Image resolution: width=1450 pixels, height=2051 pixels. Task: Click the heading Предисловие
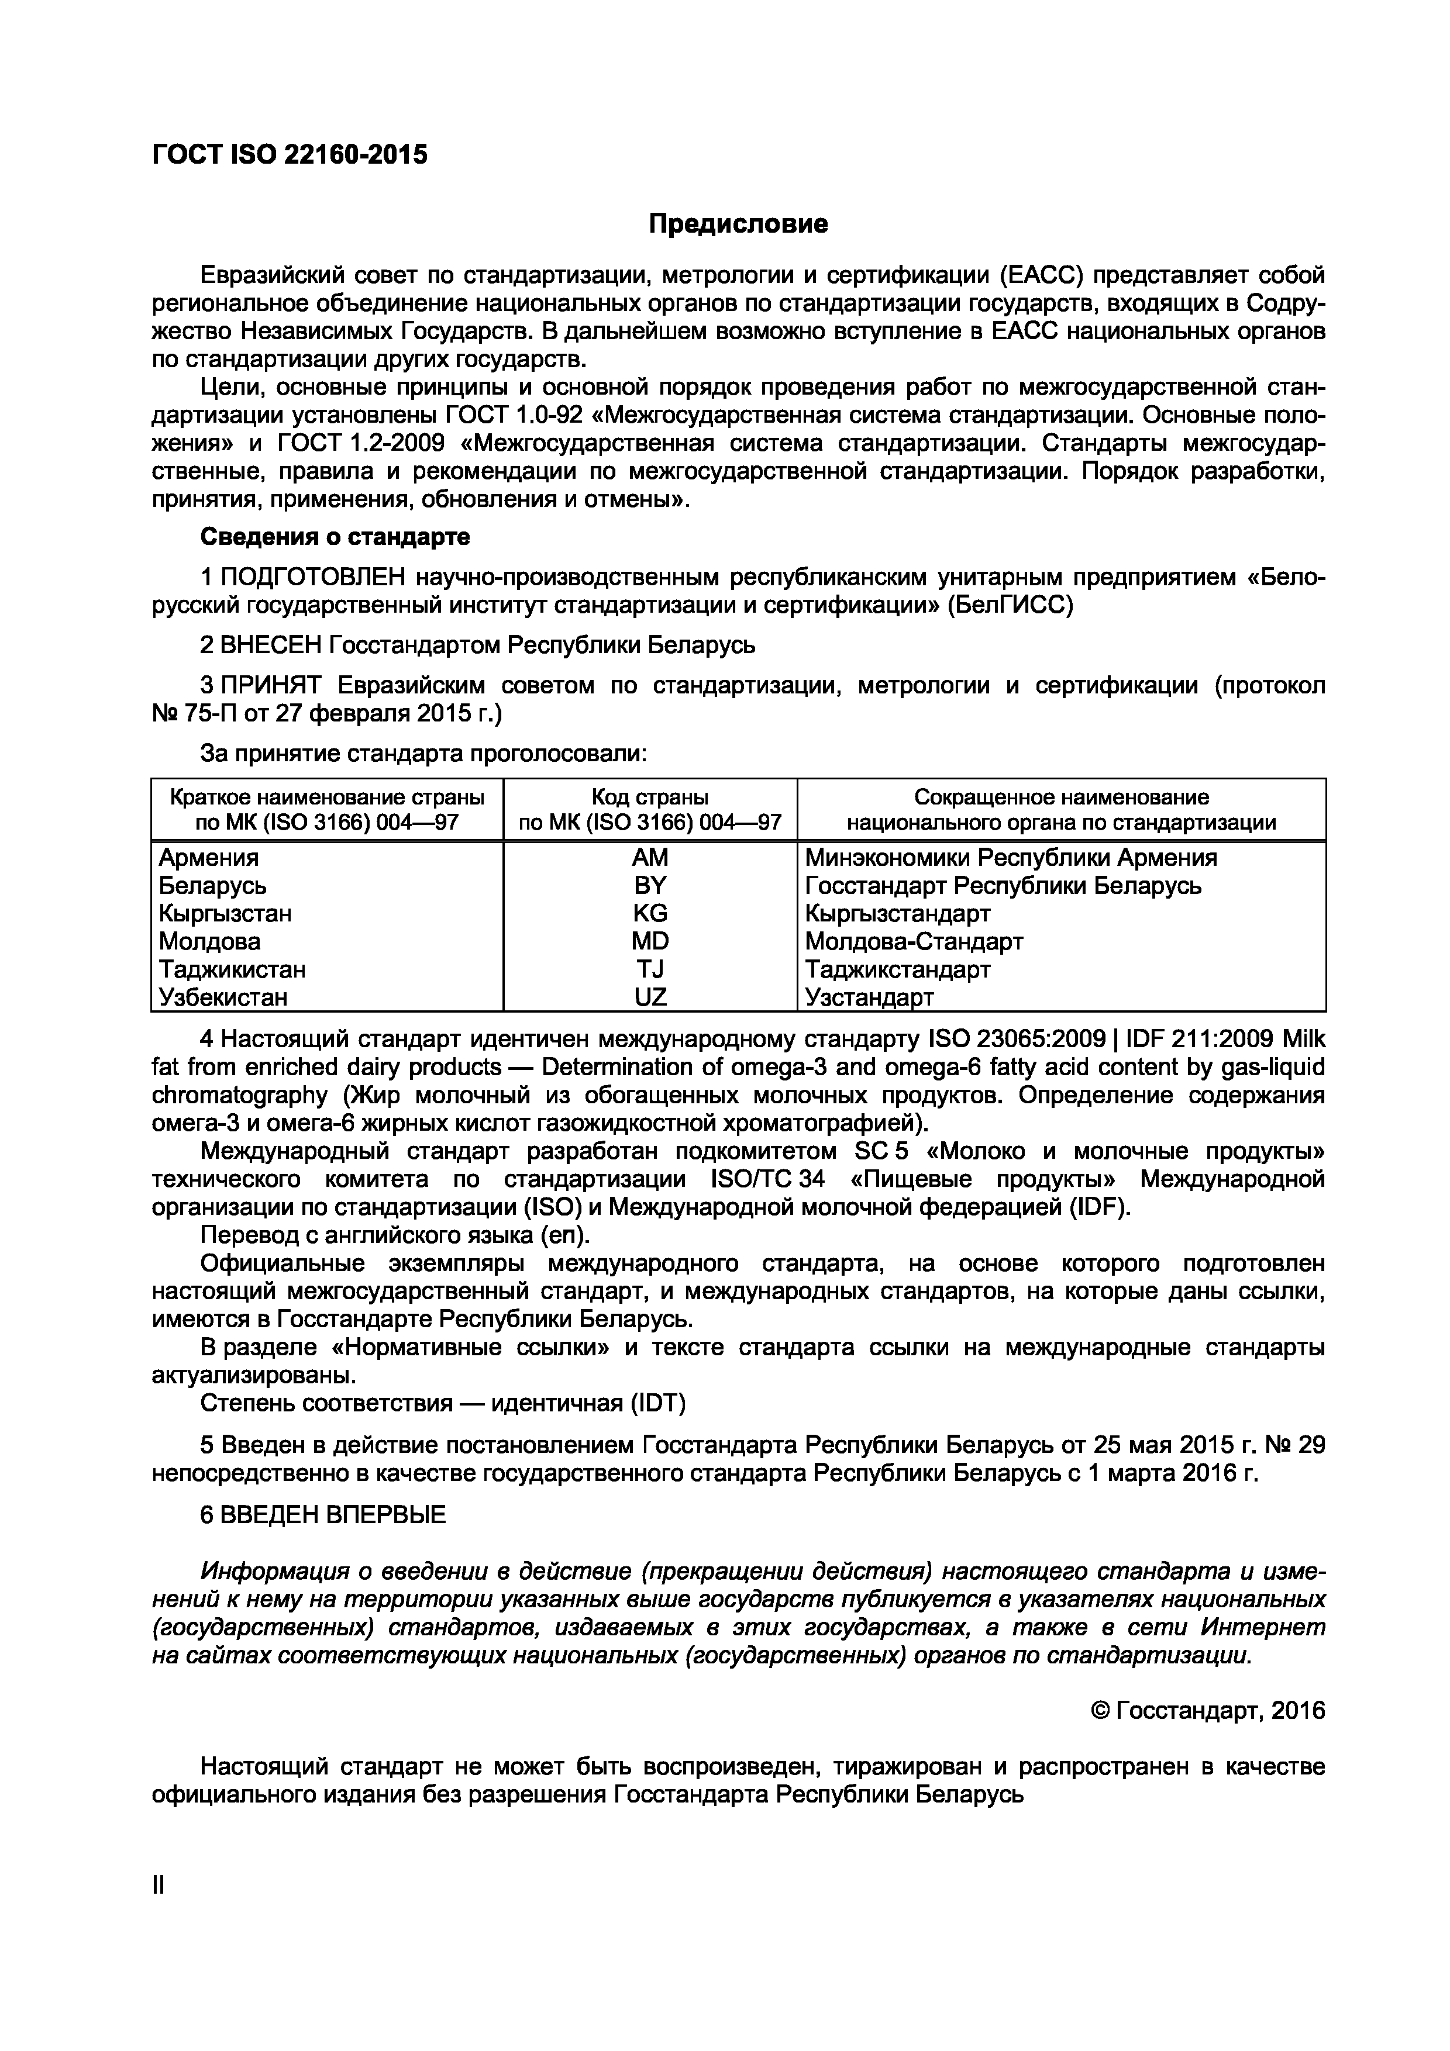[738, 223]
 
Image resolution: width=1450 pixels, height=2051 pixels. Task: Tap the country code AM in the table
[649, 858]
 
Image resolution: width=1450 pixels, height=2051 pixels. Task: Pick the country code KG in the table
[649, 913]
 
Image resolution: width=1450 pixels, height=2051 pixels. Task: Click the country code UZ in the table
[649, 997]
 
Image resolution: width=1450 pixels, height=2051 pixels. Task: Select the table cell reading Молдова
[210, 941]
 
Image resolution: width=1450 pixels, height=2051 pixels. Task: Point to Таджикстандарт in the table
[897, 969]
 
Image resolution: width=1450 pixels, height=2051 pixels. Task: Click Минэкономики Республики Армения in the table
[1011, 858]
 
